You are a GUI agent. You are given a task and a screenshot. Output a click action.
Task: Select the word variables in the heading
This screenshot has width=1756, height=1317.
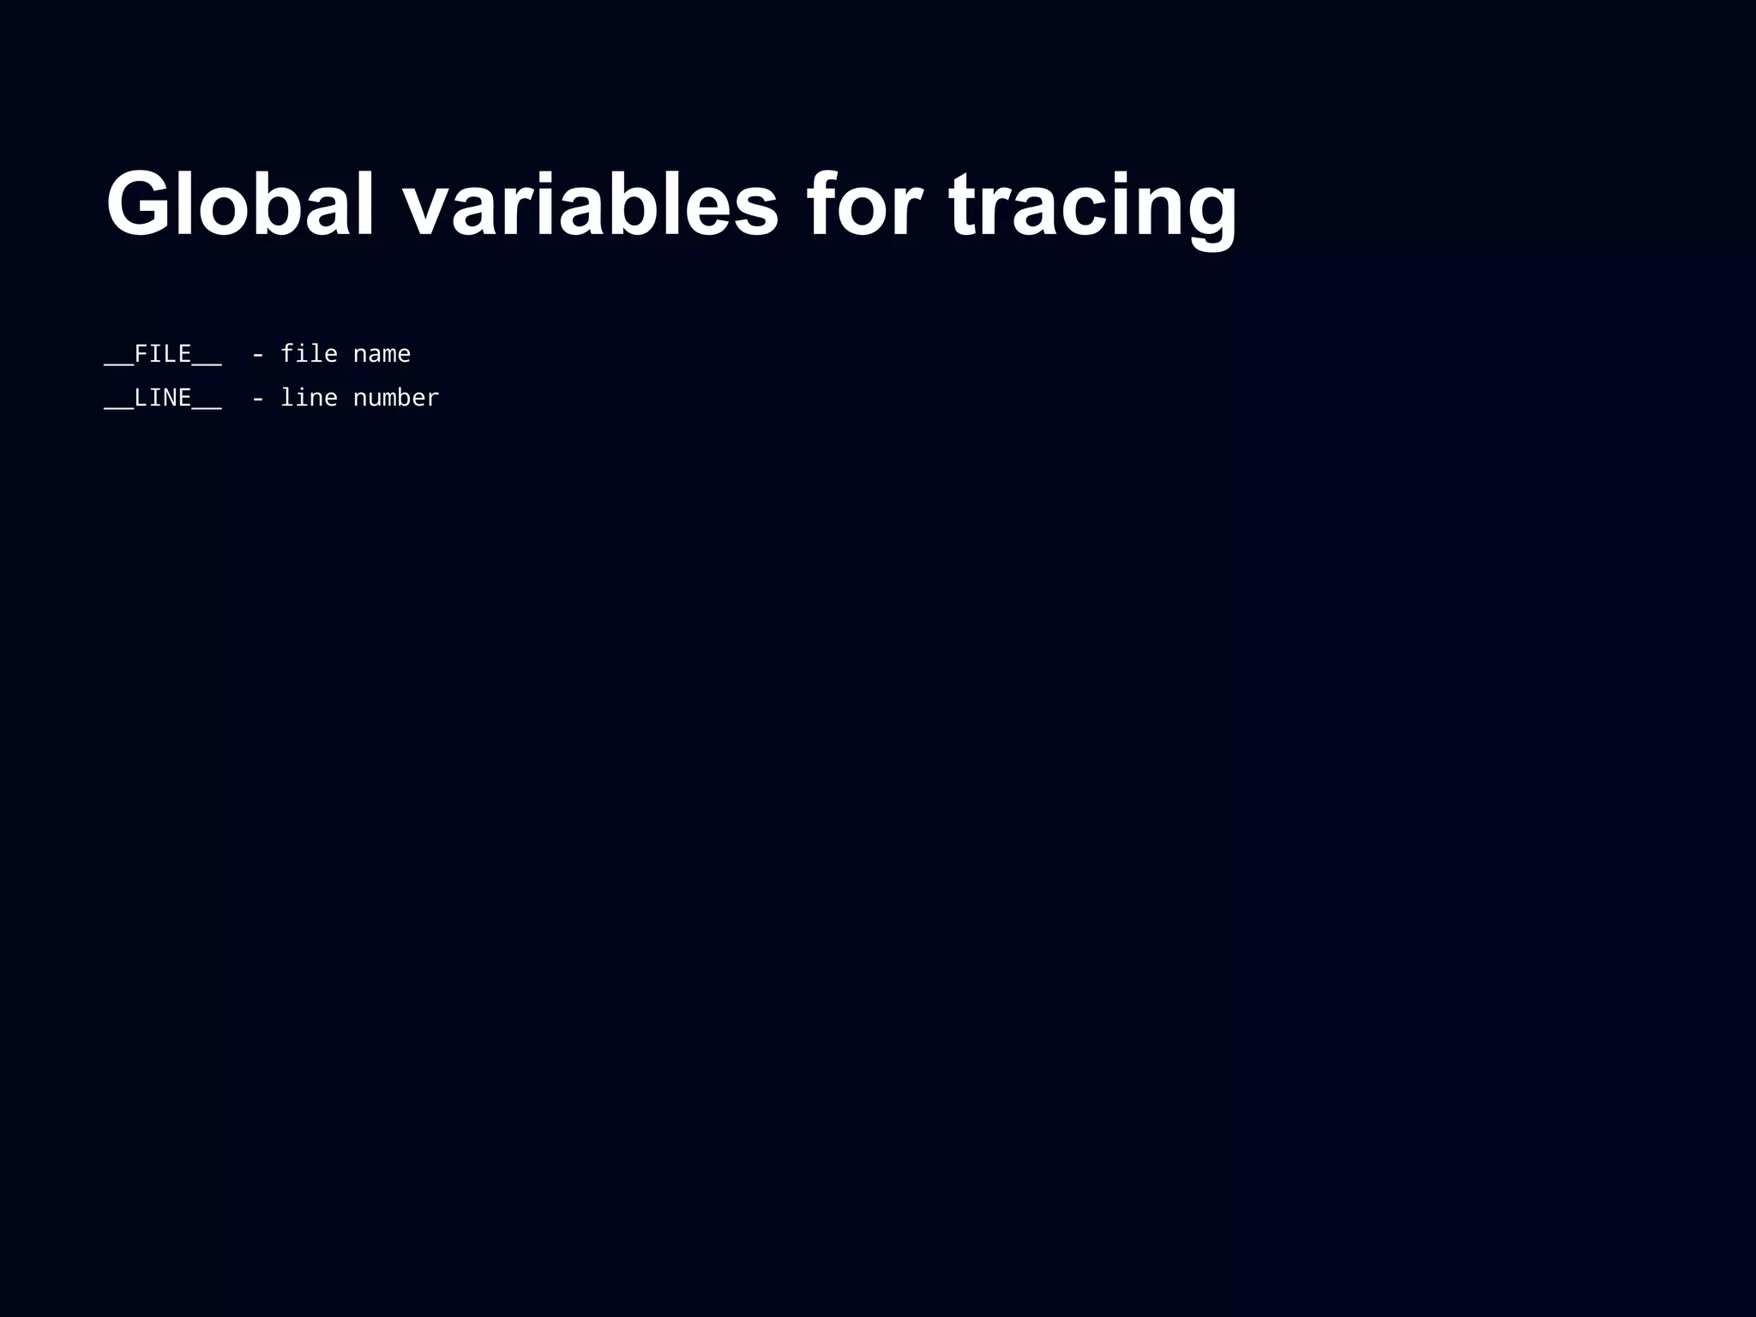[591, 204]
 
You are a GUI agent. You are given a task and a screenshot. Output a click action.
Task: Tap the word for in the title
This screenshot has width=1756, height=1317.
[863, 204]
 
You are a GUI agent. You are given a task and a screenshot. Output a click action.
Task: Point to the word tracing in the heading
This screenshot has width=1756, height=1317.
[1092, 204]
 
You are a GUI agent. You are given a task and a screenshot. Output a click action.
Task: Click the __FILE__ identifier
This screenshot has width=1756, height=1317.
[163, 354]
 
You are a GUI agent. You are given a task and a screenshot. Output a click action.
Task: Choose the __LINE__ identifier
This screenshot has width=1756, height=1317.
[163, 398]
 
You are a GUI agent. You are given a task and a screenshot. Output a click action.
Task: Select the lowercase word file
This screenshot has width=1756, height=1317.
[309, 353]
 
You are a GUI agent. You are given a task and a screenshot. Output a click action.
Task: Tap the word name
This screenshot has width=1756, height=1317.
[382, 354]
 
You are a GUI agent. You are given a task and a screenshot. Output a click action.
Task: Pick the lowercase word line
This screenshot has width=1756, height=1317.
[309, 397]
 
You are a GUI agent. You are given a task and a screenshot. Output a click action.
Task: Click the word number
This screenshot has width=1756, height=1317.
[396, 397]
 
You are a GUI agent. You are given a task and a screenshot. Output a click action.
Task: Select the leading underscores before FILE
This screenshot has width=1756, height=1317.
[119, 364]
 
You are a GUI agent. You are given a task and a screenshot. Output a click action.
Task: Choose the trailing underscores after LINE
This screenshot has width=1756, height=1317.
[207, 408]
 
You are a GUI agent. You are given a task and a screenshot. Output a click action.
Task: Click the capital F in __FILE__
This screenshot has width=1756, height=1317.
[141, 353]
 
